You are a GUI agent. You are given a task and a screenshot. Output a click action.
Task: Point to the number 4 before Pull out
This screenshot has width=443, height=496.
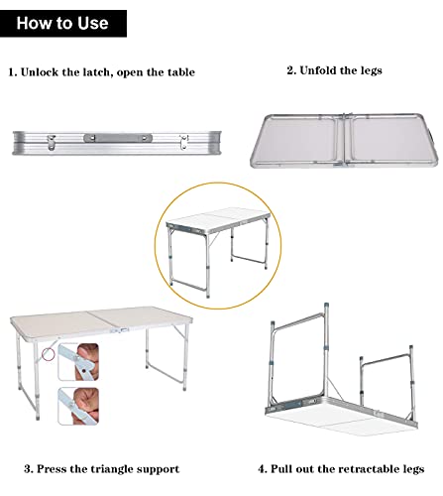tap(263, 468)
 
